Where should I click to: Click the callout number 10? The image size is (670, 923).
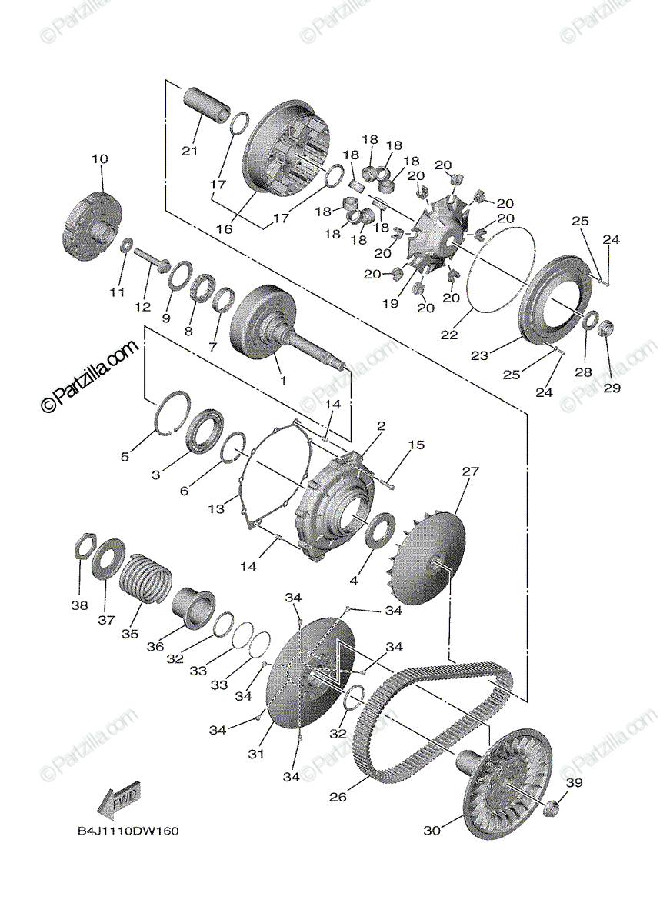point(100,159)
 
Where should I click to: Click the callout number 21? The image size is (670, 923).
point(190,151)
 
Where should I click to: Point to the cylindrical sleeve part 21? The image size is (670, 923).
point(206,107)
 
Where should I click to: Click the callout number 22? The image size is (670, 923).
point(450,335)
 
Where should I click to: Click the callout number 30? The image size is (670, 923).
point(432,831)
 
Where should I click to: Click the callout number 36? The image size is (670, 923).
point(156,647)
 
